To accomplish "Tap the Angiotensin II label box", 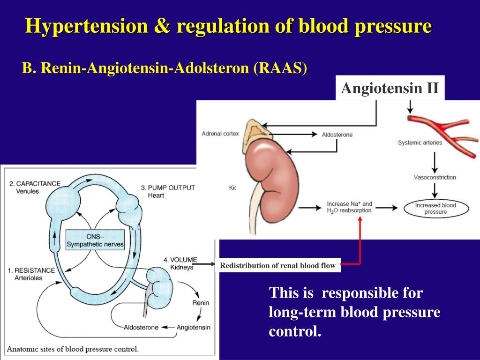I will (390, 88).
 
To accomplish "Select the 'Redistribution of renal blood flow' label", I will (278, 266).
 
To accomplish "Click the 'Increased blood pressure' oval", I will (435, 209).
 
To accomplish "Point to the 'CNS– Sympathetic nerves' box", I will (95, 240).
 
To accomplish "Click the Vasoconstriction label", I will (435, 178).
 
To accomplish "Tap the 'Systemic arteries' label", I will (420, 143).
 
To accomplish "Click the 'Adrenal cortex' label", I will (220, 134).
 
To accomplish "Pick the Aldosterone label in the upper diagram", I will (337, 135).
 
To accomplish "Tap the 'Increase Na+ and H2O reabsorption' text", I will (349, 207).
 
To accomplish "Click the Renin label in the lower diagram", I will (201, 303).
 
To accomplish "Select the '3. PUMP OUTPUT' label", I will (167, 187).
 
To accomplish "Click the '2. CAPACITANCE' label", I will (35, 183).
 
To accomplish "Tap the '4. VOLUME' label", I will (180, 260).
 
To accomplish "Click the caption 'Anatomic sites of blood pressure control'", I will (73, 349).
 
